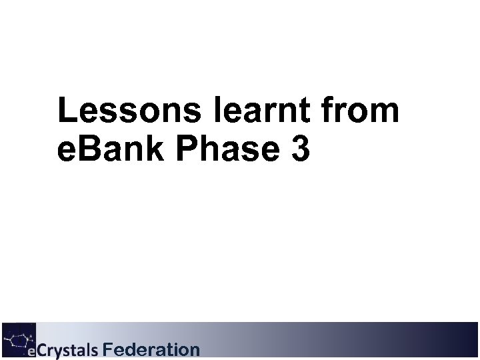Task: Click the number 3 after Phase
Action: [x=300, y=149]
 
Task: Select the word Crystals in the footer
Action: [x=67, y=350]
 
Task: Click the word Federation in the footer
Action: [x=151, y=349]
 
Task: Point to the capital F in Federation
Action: [x=109, y=349]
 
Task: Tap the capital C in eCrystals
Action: [x=41, y=350]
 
